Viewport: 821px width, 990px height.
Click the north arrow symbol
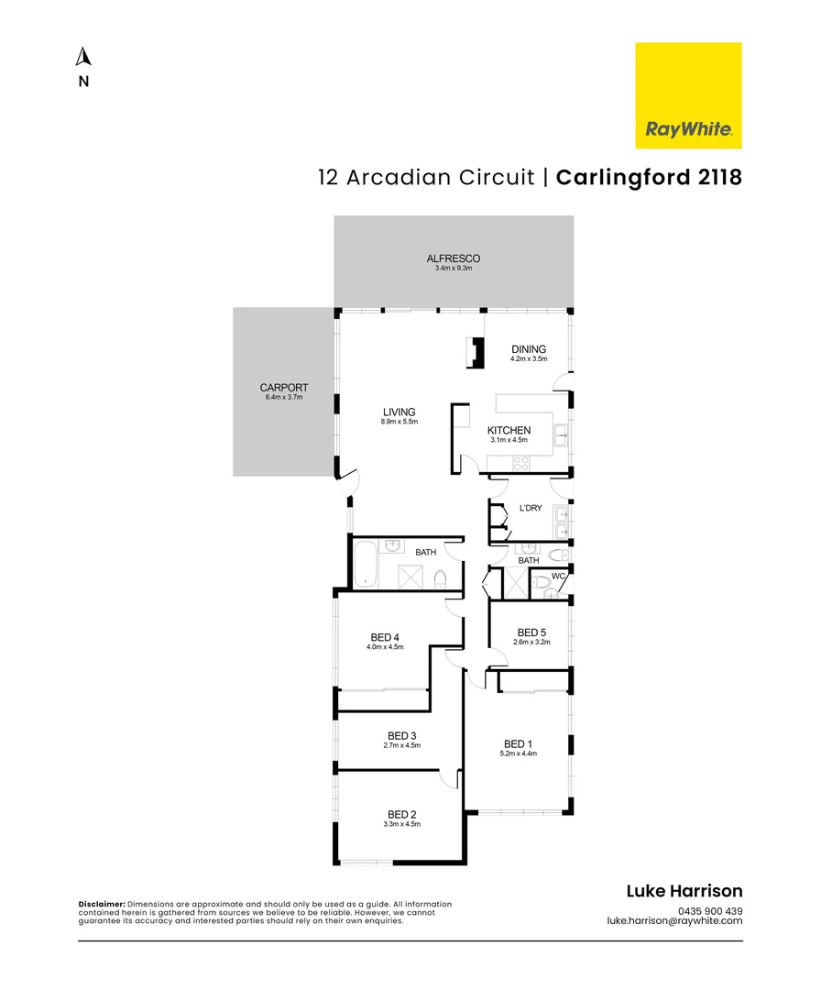point(83,56)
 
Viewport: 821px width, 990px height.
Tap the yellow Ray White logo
point(688,95)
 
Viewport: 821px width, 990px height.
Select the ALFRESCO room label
point(453,258)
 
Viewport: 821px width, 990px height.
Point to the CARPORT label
point(284,388)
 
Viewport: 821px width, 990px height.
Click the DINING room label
point(529,349)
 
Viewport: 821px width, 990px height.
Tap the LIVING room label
point(399,412)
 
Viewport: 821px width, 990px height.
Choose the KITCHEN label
point(509,430)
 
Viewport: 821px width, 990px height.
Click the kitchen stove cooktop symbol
point(521,463)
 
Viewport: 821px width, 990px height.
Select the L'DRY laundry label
point(531,508)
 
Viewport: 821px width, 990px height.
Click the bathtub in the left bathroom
point(366,564)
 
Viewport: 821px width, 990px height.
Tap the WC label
point(558,576)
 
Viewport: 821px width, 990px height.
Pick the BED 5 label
point(531,632)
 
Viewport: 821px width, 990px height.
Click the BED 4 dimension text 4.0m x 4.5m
point(385,647)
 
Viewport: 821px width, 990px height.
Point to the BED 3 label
point(402,735)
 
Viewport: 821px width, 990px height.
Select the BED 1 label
point(518,743)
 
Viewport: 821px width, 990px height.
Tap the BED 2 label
point(402,815)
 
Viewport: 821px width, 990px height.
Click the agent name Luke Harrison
point(684,891)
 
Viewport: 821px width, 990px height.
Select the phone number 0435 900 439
point(710,911)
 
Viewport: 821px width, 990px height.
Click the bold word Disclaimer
point(102,904)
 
